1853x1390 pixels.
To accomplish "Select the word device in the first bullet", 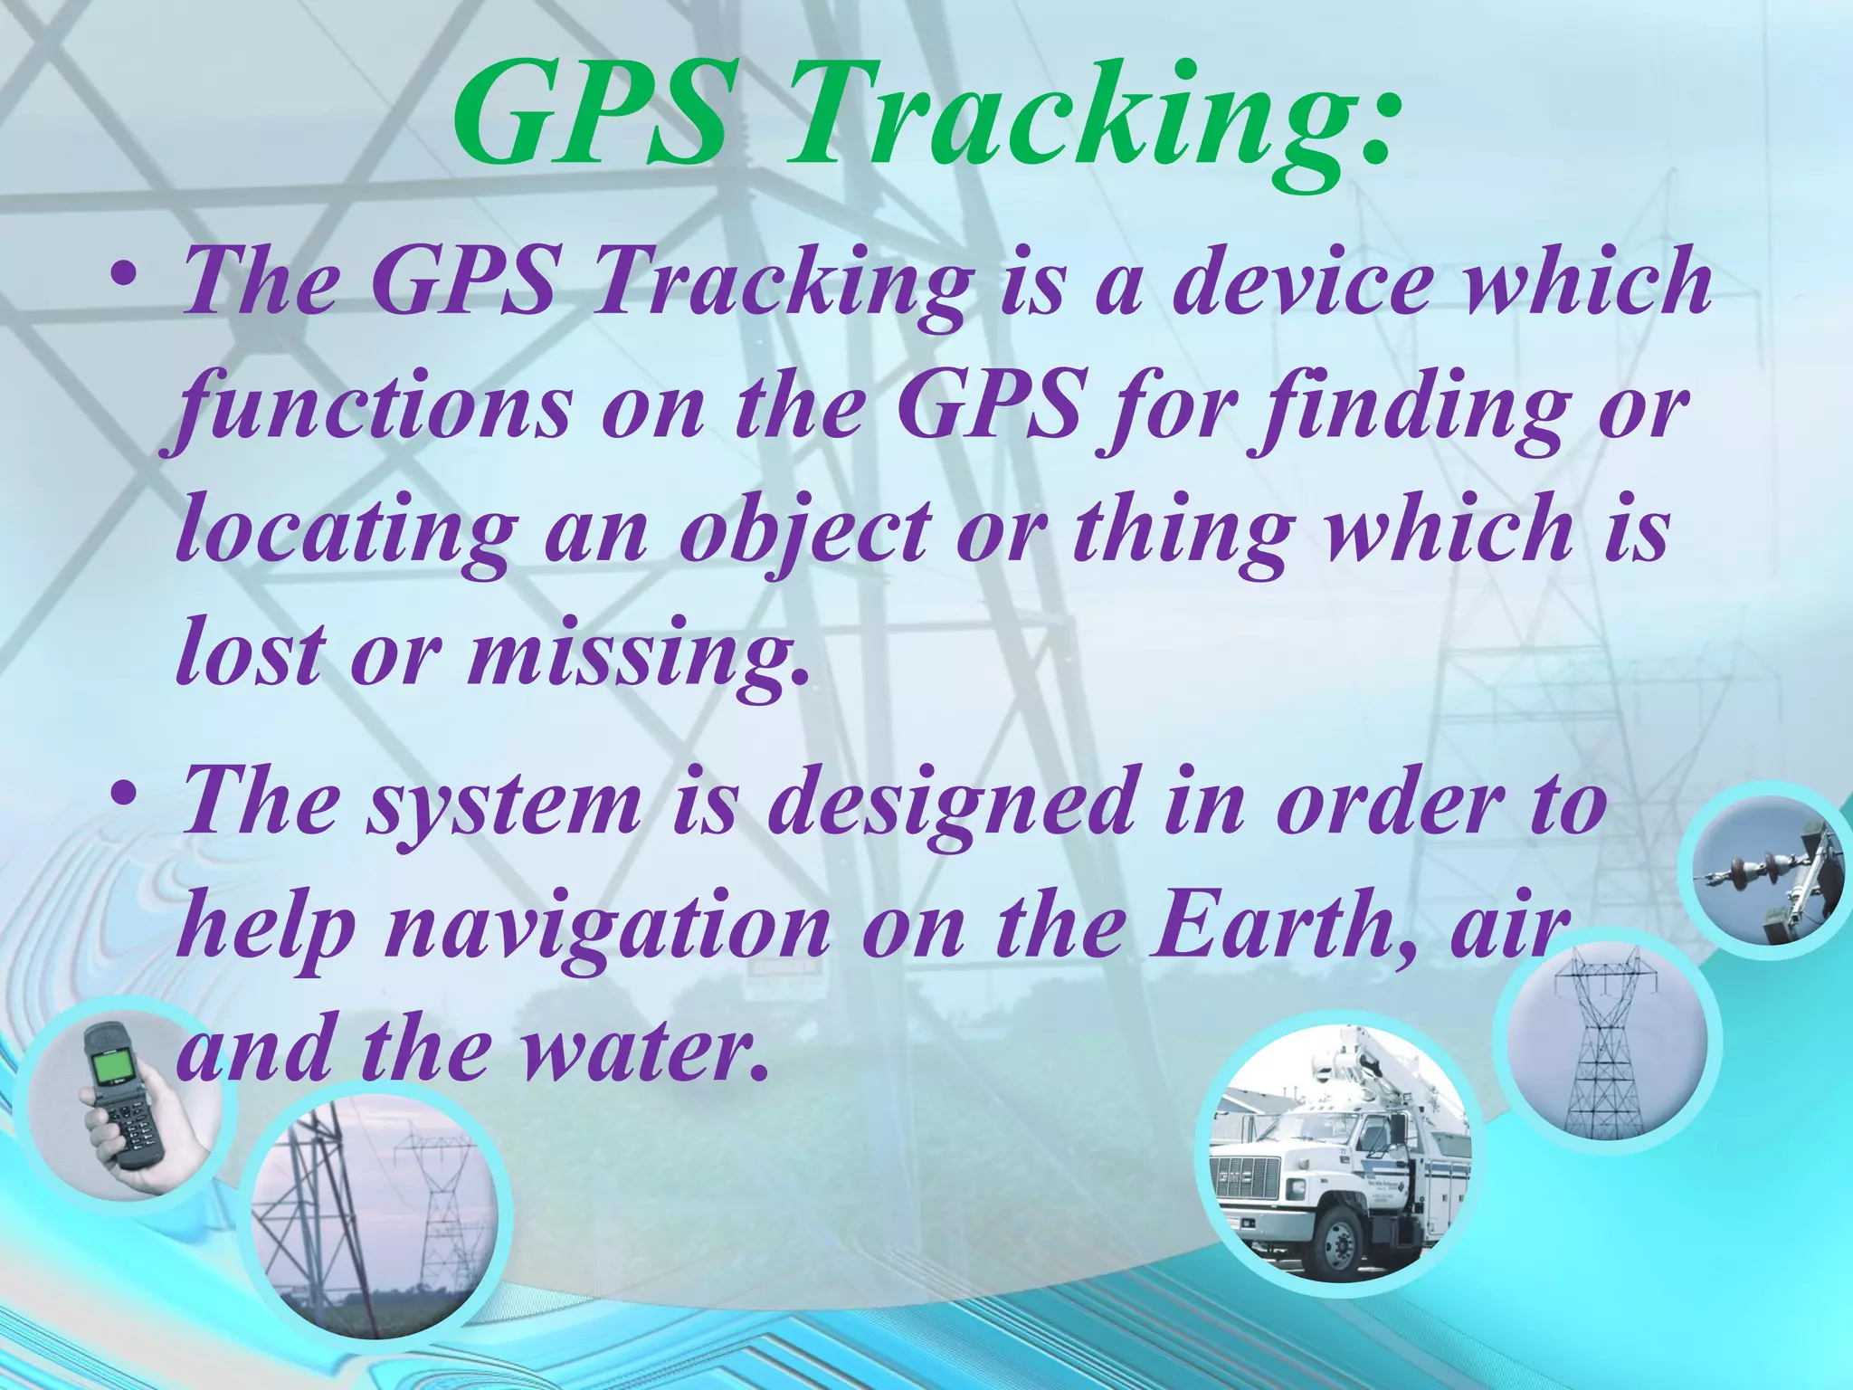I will [x=1303, y=282].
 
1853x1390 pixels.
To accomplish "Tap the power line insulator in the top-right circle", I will [x=1751, y=872].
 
